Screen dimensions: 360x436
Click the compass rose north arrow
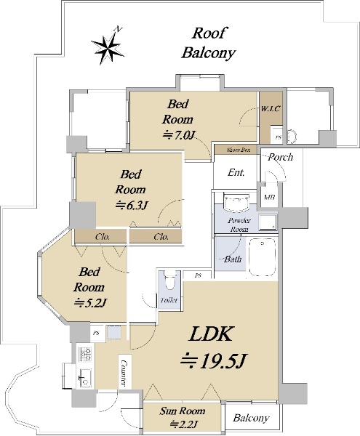(x=108, y=47)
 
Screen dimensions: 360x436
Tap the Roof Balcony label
(x=209, y=43)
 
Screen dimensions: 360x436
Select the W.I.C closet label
(x=271, y=109)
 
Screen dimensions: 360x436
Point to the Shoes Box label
(x=239, y=150)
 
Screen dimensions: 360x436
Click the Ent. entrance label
(x=236, y=172)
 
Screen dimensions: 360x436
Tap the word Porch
(x=281, y=157)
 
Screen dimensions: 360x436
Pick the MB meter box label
(x=269, y=197)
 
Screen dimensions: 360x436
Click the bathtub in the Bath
(x=263, y=257)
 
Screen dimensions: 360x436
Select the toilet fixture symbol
(x=169, y=280)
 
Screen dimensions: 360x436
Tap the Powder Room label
(x=239, y=225)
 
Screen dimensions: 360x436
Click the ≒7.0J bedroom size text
(x=178, y=135)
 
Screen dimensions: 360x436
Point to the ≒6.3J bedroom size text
(x=131, y=205)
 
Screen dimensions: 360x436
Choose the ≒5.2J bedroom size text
(x=89, y=302)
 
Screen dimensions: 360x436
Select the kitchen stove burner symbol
(x=85, y=354)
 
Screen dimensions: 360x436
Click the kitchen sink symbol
(x=85, y=378)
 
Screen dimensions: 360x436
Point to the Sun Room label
(x=183, y=411)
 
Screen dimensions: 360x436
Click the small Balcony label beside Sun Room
(x=251, y=418)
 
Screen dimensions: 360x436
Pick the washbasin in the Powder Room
(x=236, y=202)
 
